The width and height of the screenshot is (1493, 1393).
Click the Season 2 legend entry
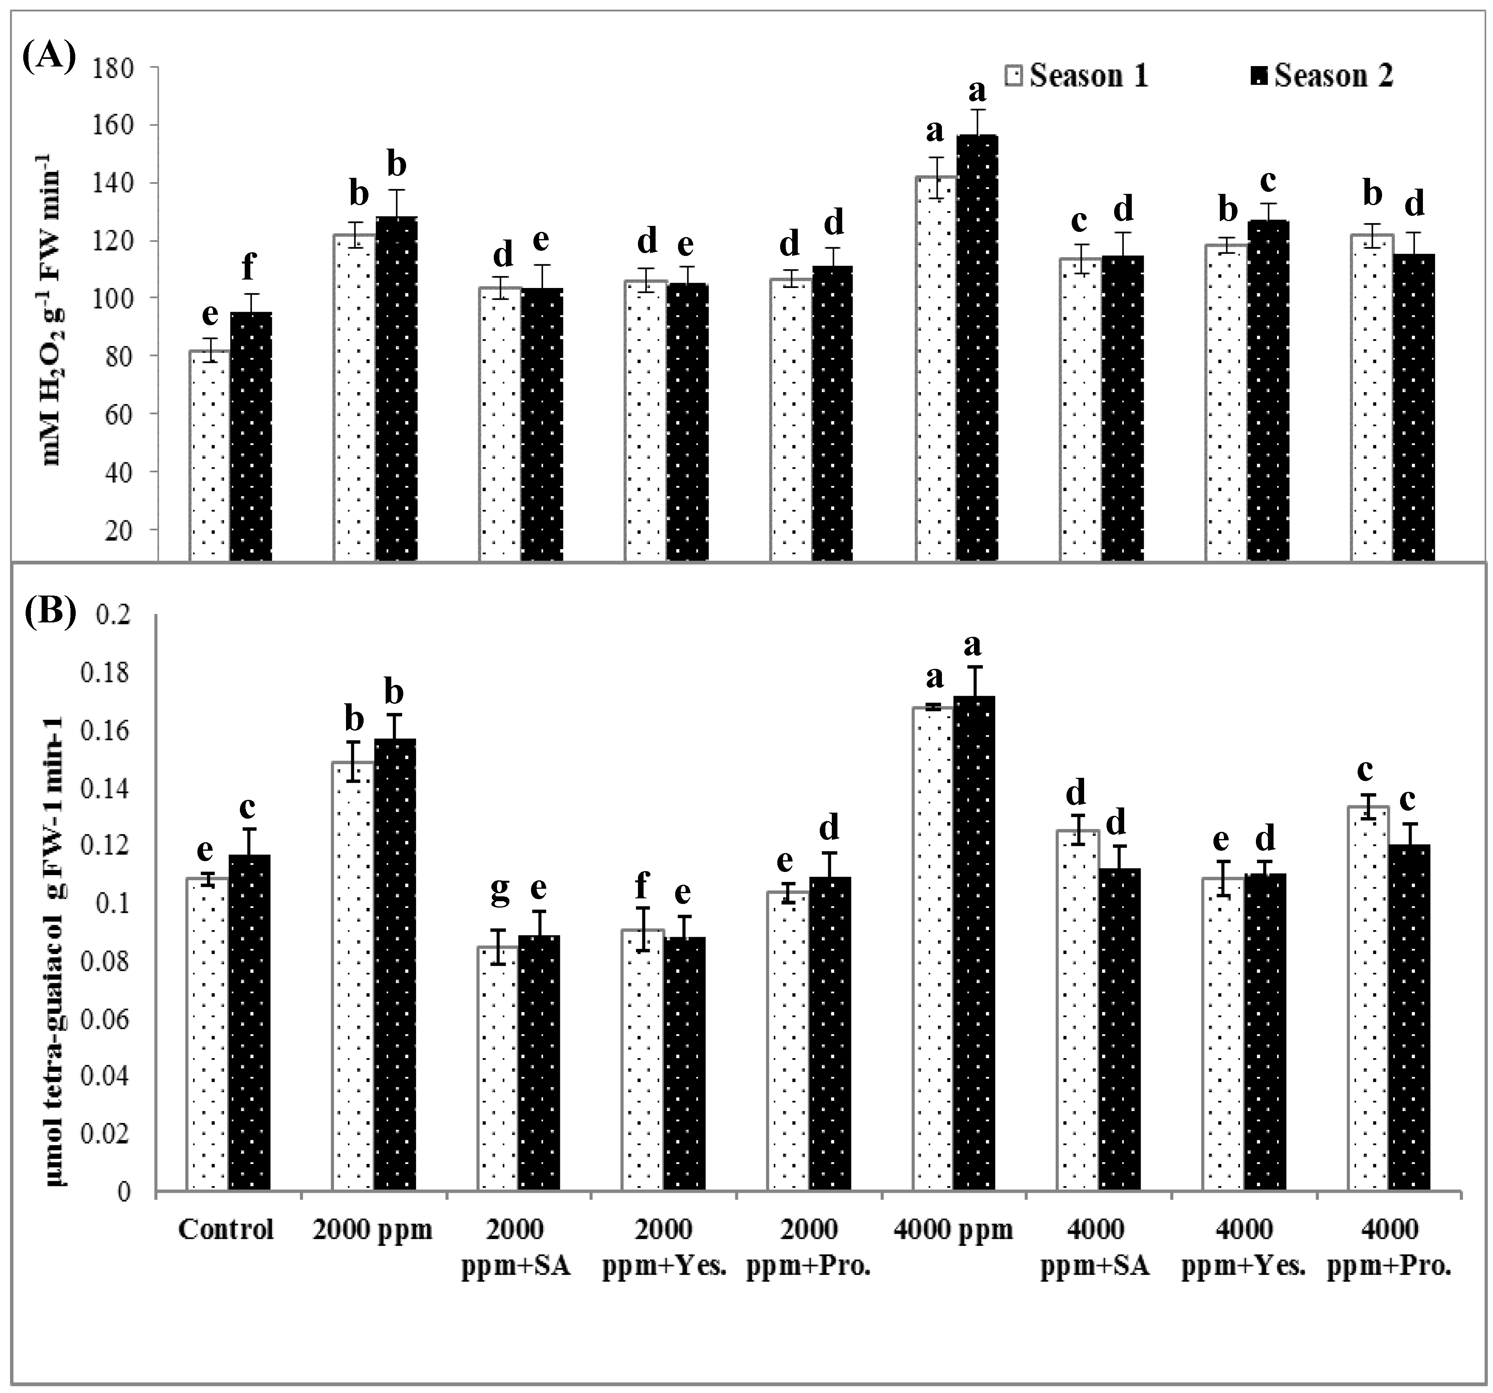pyautogui.click(x=1321, y=76)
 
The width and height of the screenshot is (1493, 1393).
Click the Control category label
pyautogui.click(x=226, y=1230)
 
